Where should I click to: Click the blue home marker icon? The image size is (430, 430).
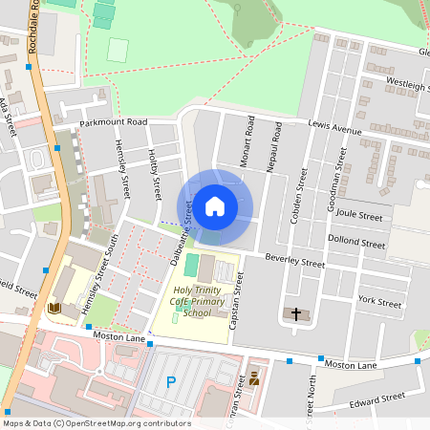click(x=215, y=206)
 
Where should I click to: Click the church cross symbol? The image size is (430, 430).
click(x=295, y=313)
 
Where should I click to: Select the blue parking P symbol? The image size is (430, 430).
click(x=171, y=383)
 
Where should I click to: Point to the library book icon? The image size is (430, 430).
click(x=54, y=308)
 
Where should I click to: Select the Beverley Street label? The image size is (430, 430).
click(x=295, y=260)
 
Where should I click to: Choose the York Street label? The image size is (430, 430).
click(x=378, y=302)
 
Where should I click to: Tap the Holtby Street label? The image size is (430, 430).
click(x=155, y=173)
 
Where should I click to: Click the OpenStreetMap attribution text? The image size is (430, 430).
click(x=84, y=422)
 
